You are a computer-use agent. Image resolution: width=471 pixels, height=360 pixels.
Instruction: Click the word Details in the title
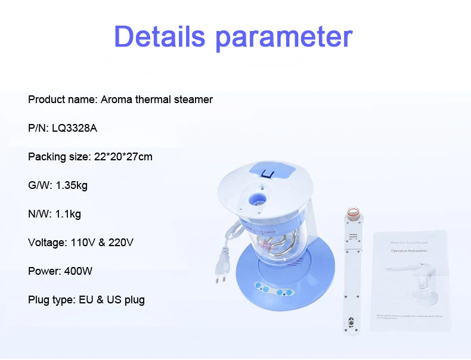(x=160, y=37)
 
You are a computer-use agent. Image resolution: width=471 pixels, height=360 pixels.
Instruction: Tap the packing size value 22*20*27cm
(x=123, y=157)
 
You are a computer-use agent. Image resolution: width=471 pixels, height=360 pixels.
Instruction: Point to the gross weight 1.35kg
(x=72, y=185)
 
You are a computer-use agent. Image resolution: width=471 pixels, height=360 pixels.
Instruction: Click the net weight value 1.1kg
(x=68, y=214)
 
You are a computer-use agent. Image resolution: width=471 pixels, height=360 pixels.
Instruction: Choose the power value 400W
(x=77, y=271)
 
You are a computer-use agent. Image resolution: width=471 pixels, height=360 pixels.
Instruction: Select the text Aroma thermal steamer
(x=156, y=100)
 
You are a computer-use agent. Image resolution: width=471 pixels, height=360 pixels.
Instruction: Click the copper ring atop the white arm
(x=352, y=213)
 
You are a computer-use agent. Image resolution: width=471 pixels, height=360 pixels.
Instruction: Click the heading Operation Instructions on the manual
(x=410, y=251)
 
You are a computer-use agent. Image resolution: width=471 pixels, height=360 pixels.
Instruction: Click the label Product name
(x=61, y=100)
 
